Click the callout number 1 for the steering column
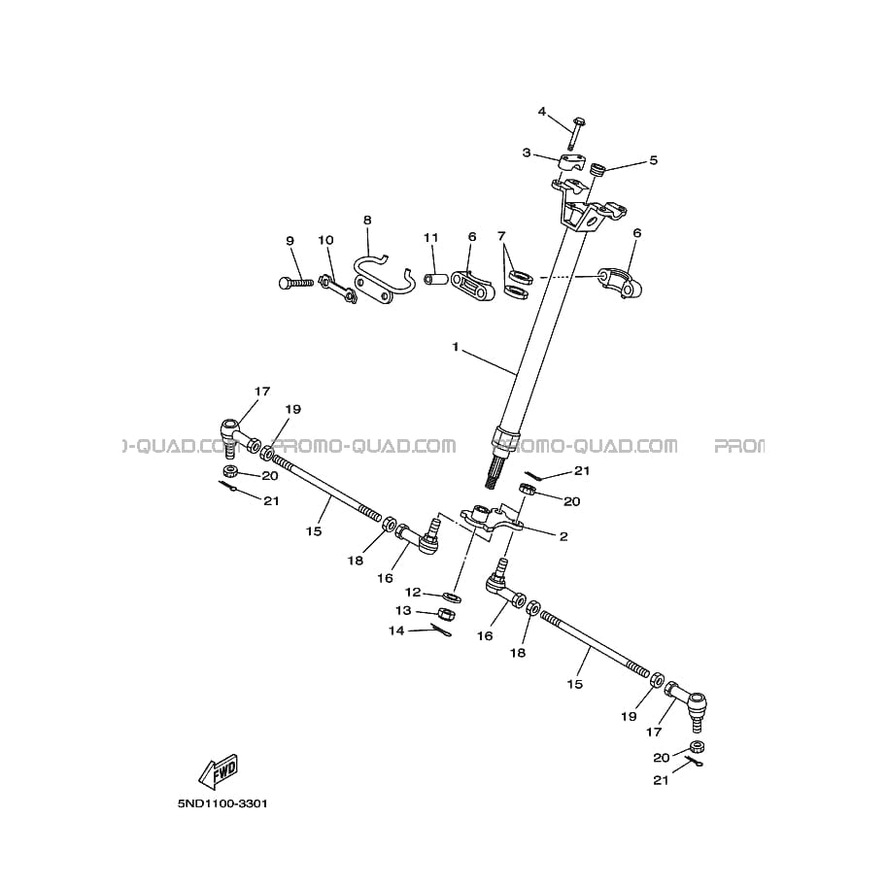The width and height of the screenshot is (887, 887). click(455, 346)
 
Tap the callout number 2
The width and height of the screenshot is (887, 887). click(563, 535)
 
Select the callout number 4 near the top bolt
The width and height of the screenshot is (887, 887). click(543, 111)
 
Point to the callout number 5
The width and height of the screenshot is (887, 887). click(653, 160)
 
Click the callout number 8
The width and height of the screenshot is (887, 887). click(367, 221)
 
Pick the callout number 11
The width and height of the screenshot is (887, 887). click(430, 237)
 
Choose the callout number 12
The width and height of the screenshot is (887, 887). click(413, 592)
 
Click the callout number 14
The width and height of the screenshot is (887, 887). click(395, 631)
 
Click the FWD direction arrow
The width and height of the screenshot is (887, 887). click(218, 770)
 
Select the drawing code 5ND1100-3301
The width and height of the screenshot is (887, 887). click(222, 804)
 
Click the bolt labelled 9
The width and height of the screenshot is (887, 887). click(292, 283)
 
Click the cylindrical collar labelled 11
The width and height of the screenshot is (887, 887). click(437, 281)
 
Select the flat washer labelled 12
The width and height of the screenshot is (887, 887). click(453, 595)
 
